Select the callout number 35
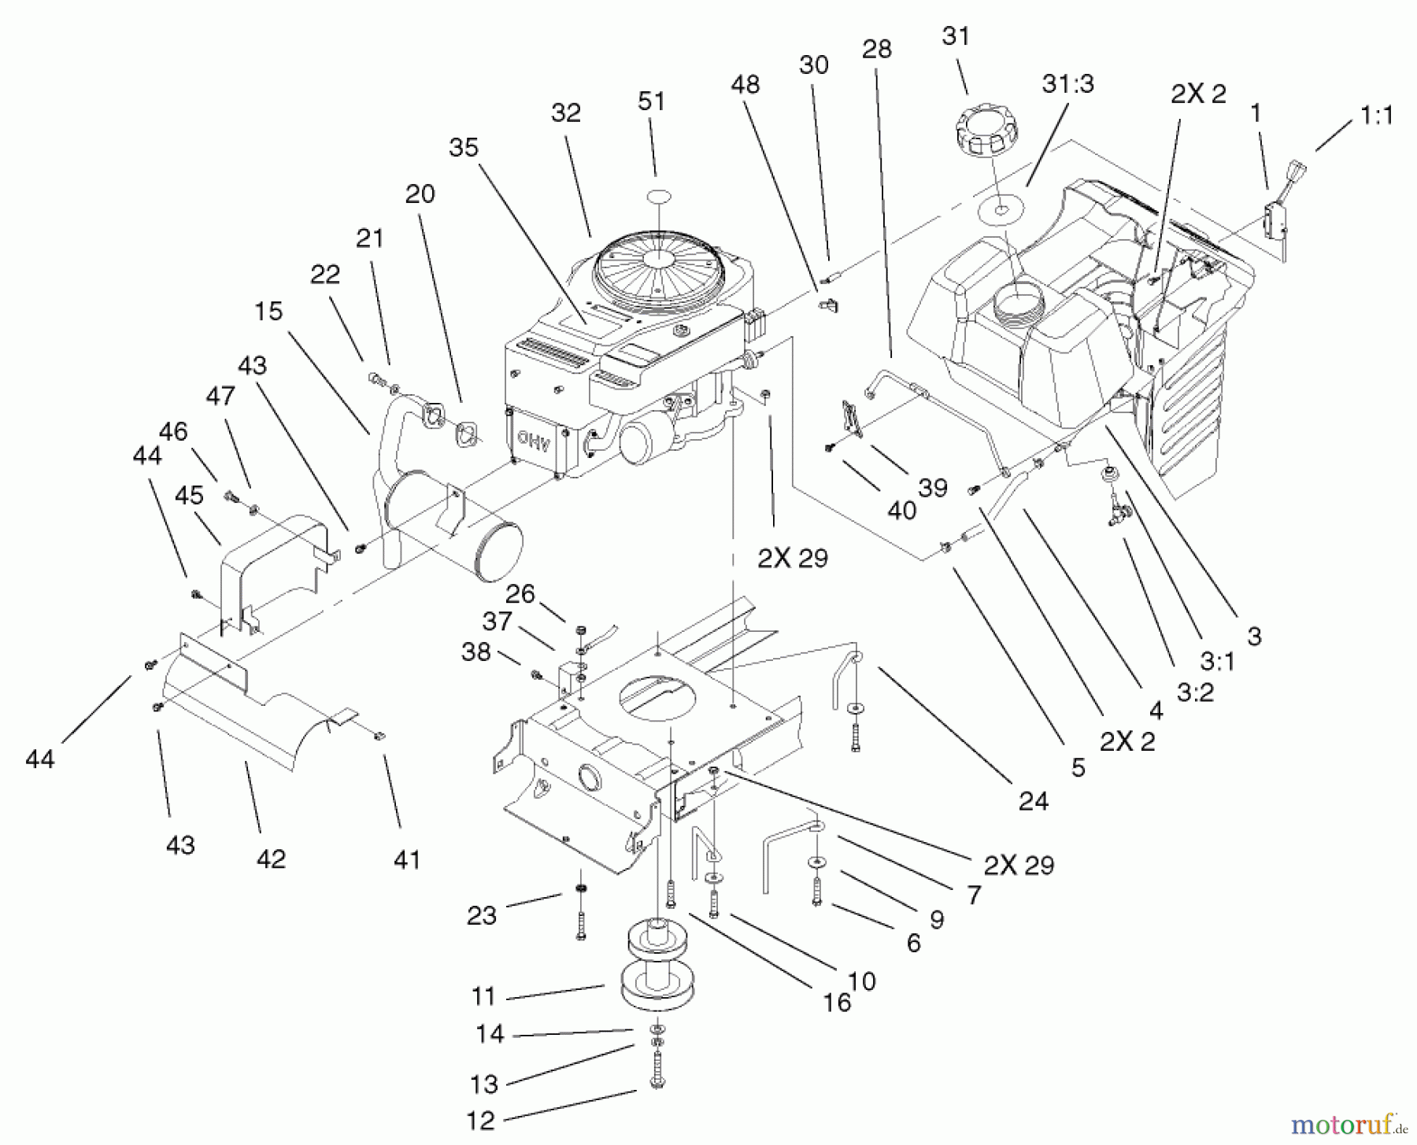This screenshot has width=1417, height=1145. pos(464,147)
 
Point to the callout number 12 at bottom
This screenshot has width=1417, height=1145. pos(482,1120)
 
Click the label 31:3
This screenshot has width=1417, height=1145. pos(1067,83)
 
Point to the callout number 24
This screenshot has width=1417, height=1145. pos(1033,801)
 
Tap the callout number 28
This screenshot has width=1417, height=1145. pos(876,49)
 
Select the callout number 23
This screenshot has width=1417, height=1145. pos(481,915)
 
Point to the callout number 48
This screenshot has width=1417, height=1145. pos(745,84)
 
